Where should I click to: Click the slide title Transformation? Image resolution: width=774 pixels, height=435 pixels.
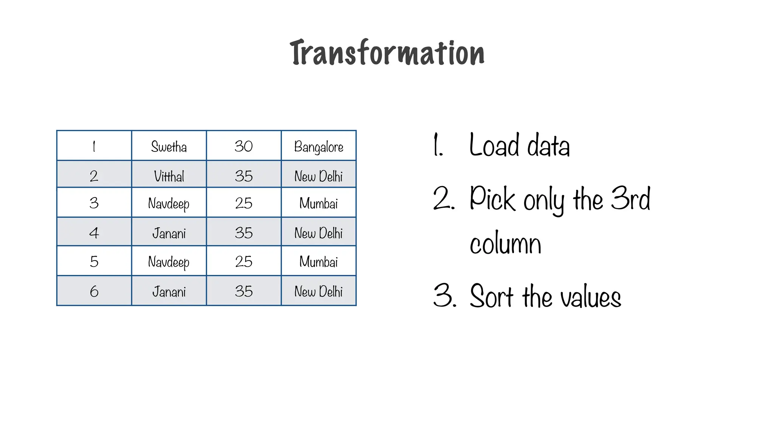tap(387, 53)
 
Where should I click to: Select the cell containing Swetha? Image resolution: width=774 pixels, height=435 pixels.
tap(169, 147)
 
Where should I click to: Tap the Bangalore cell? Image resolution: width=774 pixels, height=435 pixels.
tap(319, 147)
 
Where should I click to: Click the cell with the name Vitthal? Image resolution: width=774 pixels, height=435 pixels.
tap(169, 176)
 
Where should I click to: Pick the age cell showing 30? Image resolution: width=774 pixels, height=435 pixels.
tap(244, 147)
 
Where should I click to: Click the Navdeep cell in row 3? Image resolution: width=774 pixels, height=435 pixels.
tap(169, 204)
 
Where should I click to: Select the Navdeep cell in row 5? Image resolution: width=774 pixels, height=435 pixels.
tap(169, 262)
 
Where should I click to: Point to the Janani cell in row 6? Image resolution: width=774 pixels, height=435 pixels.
tap(169, 292)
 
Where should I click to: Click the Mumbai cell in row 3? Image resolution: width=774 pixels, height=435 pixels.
tap(319, 204)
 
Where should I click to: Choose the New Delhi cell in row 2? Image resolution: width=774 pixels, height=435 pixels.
tap(319, 176)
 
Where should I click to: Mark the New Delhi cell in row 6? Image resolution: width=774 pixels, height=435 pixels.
tap(319, 292)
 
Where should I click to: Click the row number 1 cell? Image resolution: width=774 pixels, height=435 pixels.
tap(94, 147)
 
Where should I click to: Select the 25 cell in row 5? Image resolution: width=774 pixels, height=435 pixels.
tap(244, 262)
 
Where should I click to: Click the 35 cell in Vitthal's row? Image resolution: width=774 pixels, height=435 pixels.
tap(244, 176)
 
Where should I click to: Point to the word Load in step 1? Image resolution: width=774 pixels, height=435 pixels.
tap(494, 145)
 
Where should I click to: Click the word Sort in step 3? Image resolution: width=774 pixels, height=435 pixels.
tap(492, 296)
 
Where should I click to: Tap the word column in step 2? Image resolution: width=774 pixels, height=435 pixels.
tap(505, 244)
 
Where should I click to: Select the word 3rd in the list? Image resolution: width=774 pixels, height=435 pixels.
tap(630, 199)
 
